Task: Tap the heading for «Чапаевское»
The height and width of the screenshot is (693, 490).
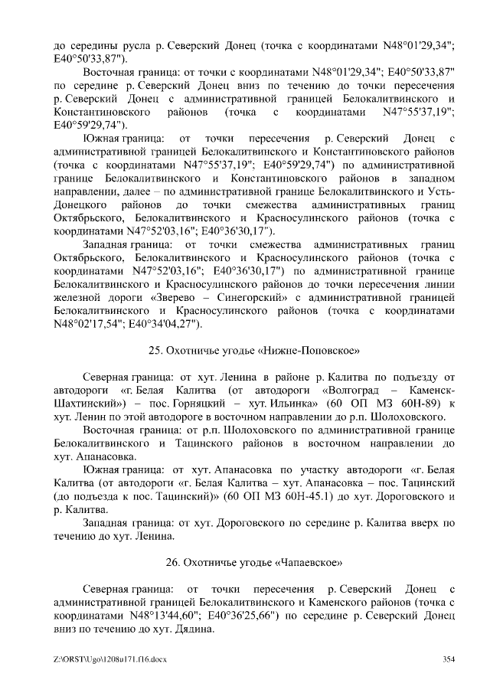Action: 253,561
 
